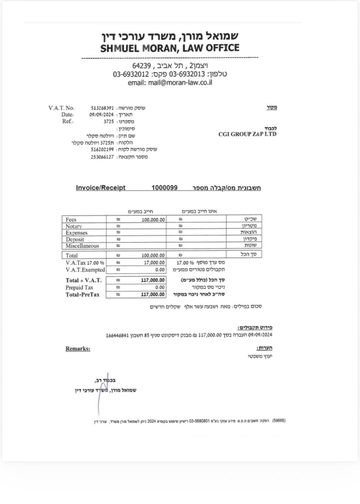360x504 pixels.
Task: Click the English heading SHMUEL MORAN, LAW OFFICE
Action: [170, 48]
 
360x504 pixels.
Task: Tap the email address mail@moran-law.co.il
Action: [180, 83]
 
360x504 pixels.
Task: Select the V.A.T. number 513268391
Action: [102, 108]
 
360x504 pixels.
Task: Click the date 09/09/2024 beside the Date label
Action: [101, 115]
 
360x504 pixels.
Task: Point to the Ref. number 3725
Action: [108, 122]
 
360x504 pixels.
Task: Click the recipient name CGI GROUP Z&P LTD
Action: [247, 134]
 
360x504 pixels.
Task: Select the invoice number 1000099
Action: [164, 188]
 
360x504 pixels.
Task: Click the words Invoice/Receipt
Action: [101, 188]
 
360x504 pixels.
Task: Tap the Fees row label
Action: [71, 220]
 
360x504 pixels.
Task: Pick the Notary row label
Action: [74, 226]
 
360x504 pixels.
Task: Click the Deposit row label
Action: [75, 239]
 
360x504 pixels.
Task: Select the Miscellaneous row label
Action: [82, 246]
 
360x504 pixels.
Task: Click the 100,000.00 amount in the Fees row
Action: [153, 220]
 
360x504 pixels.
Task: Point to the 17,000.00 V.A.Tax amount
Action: [154, 263]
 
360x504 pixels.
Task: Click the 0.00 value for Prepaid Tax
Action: [160, 287]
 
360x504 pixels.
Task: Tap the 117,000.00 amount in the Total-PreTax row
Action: [153, 295]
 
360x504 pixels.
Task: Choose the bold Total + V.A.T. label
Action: [84, 280]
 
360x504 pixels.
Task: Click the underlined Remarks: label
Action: [78, 349]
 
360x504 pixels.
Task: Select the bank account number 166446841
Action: [117, 335]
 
